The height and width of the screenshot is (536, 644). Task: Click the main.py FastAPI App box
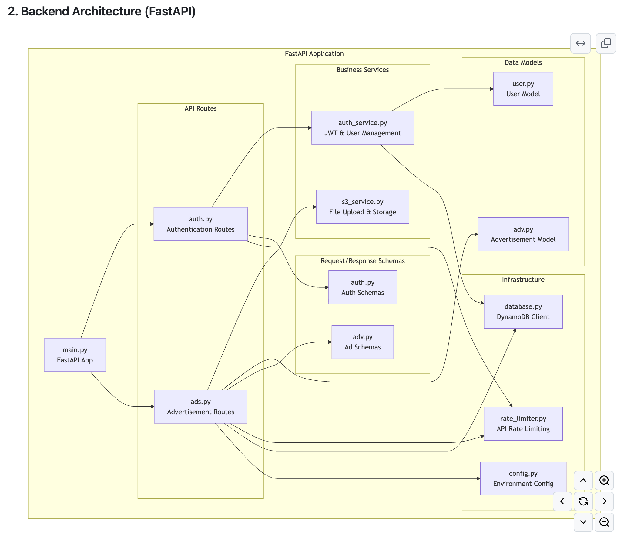(75, 355)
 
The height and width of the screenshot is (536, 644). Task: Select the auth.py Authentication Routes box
(200, 224)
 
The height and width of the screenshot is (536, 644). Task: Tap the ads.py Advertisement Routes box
(200, 406)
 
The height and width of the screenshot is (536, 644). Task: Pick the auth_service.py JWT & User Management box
(363, 128)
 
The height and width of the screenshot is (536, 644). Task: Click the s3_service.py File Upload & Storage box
(363, 207)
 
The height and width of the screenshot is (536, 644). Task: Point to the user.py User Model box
(523, 89)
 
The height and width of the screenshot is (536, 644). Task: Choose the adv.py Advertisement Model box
(523, 234)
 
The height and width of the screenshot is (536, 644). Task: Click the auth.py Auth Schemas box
(363, 287)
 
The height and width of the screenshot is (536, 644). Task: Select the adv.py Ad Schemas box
(363, 342)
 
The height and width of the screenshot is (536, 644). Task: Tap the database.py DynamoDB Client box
(523, 312)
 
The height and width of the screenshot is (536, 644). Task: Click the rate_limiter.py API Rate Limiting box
(523, 424)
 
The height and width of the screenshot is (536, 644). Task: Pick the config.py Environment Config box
(523, 478)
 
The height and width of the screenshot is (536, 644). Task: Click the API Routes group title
(200, 108)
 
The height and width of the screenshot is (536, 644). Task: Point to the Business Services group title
(363, 70)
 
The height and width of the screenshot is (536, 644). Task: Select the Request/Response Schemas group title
(363, 261)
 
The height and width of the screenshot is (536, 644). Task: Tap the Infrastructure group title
(523, 280)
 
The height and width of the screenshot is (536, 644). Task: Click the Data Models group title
(523, 62)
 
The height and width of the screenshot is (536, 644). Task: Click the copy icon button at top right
(606, 43)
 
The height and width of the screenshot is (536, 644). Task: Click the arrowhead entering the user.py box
(492, 89)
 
